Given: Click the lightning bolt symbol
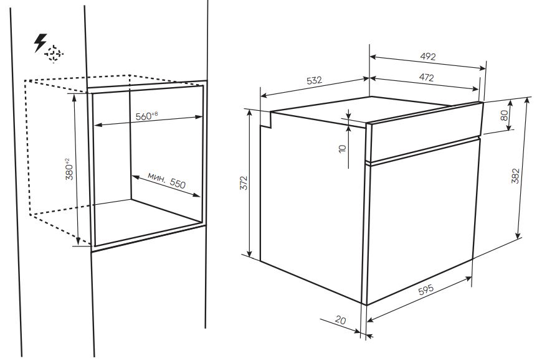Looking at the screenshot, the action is [x=40, y=42].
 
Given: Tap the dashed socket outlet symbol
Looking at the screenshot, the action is [x=54, y=54].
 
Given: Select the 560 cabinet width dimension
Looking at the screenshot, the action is [x=143, y=116].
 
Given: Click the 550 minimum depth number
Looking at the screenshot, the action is [x=178, y=183].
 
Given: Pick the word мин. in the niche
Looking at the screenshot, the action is [x=156, y=177].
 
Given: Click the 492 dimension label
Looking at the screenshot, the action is [x=428, y=56].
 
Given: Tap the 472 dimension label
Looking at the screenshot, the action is [x=426, y=78].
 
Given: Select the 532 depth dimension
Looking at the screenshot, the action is [x=314, y=80].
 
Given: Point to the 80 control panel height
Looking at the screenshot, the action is [x=505, y=115].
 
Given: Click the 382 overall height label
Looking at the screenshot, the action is [x=515, y=176].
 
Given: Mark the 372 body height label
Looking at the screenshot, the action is [x=244, y=183].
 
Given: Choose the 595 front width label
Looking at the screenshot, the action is [x=426, y=289].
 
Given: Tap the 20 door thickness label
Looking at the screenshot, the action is [x=340, y=321].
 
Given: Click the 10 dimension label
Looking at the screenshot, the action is [x=342, y=149].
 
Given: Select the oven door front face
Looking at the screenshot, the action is [x=422, y=221].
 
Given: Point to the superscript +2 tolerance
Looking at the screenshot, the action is [x=67, y=161].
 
